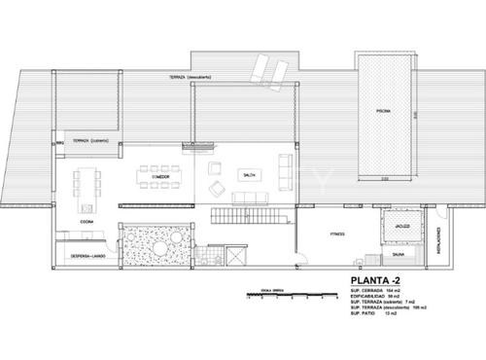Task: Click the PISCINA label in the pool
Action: (385, 112)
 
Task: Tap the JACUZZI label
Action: (399, 226)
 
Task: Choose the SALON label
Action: (247, 173)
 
